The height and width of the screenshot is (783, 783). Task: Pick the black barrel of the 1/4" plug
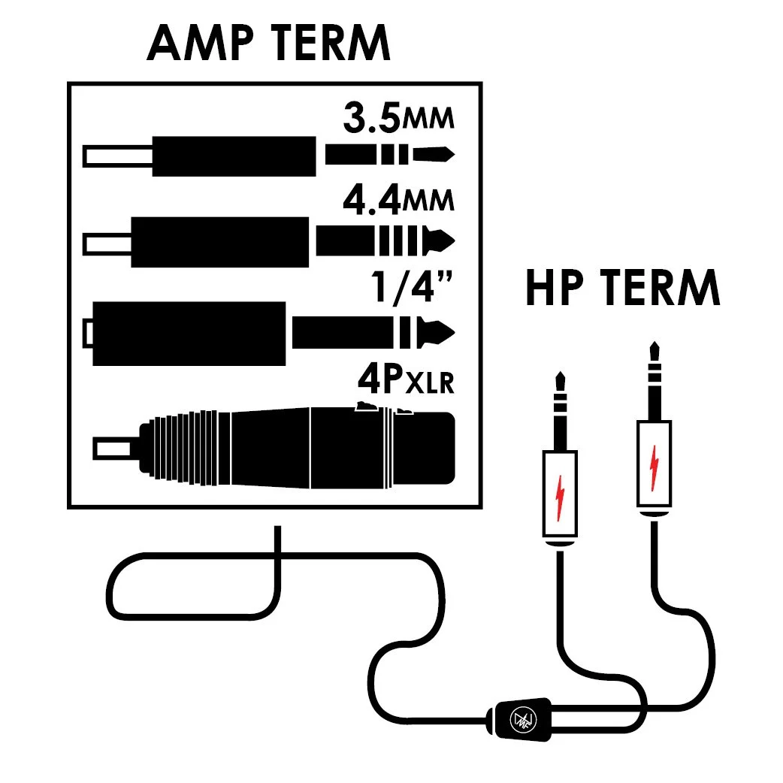click(x=188, y=333)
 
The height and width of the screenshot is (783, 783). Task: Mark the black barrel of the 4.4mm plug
click(x=220, y=242)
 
